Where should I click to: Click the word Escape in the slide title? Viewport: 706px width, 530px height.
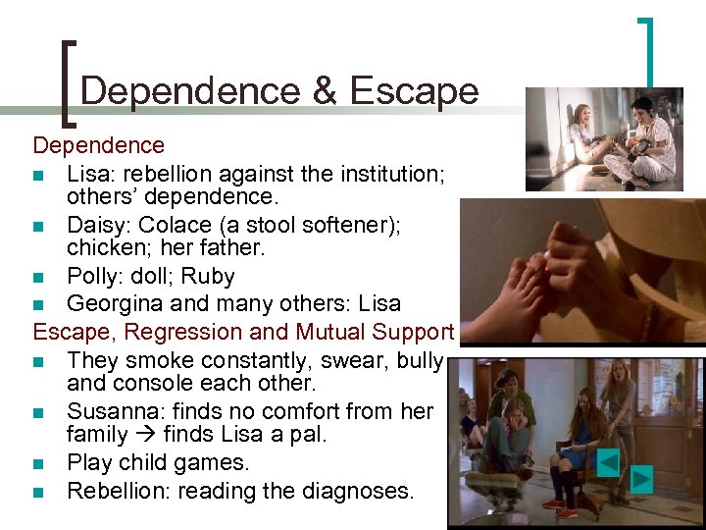(x=413, y=91)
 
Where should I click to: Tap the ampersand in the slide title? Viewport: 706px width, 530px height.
(x=324, y=91)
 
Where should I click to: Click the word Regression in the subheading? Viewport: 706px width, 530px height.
(x=188, y=331)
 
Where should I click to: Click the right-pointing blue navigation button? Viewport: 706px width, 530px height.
(x=640, y=479)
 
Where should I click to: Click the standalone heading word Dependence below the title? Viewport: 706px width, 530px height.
(x=98, y=146)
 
